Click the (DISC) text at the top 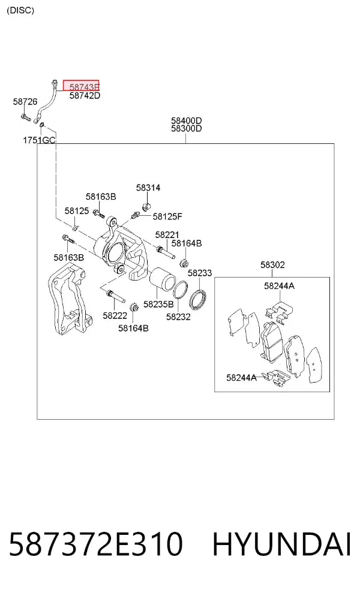[20, 10]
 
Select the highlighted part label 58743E [81, 86]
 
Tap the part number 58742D [85, 95]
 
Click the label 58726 [25, 101]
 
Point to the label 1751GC [39, 140]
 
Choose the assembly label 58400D [187, 121]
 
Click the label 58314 [148, 188]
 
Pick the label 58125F [167, 216]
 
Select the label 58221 [167, 235]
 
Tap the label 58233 [200, 273]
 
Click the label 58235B [158, 304]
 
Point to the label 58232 [178, 317]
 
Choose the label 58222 [115, 315]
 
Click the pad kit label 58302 [272, 265]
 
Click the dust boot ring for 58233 [198, 293]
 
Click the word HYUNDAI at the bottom [281, 544]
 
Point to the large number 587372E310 [96, 544]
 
